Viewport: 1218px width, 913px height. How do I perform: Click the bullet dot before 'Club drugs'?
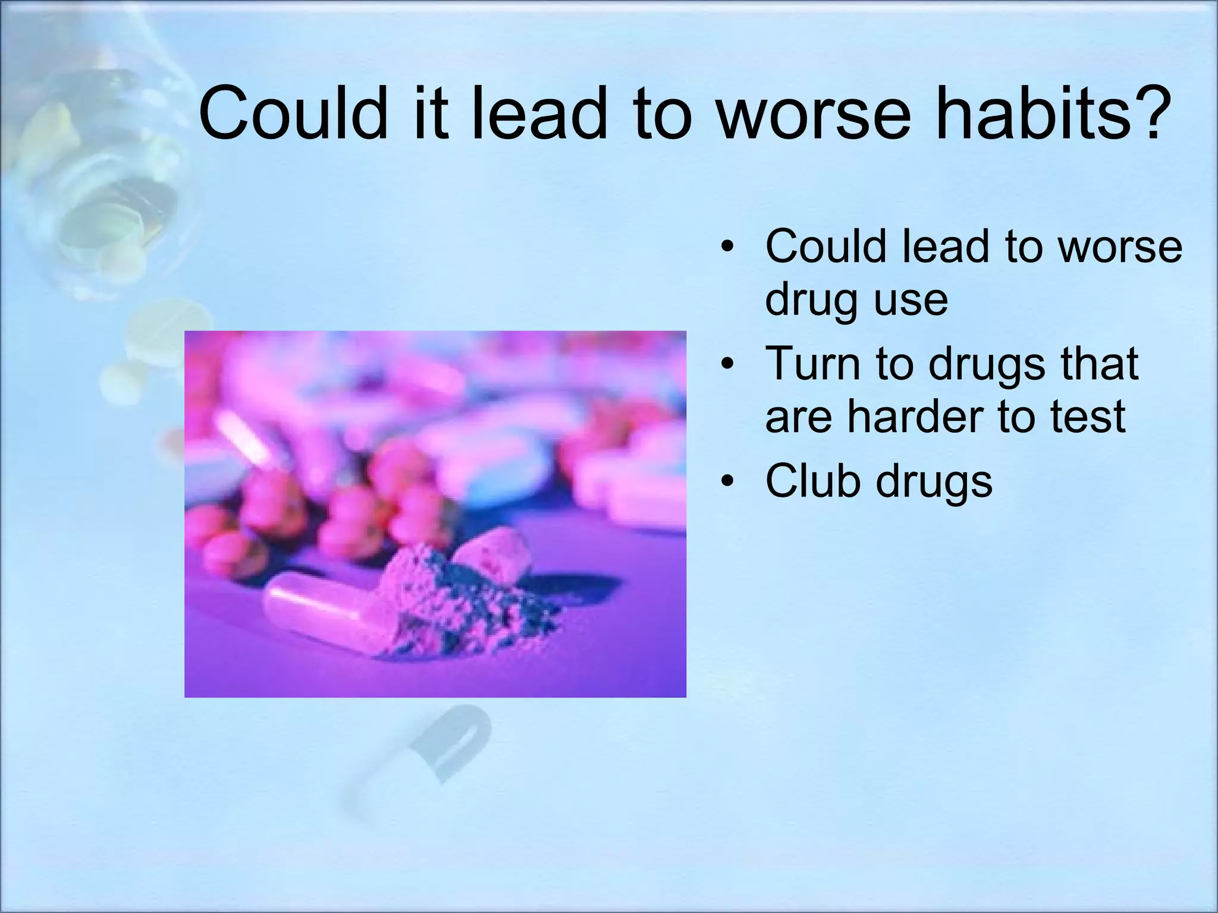pos(727,481)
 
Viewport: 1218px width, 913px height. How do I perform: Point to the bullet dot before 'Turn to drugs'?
pos(727,364)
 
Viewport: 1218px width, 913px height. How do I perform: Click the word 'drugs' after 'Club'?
pos(934,481)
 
